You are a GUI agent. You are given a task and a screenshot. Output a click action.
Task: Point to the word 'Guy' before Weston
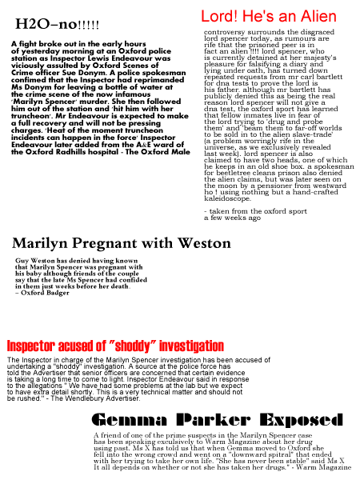pos(22,261)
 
